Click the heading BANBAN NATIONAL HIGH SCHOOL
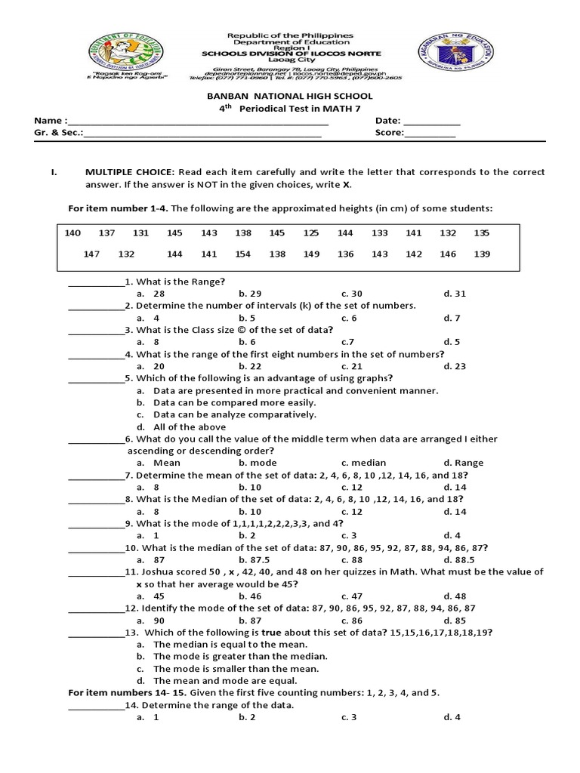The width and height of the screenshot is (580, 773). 290,97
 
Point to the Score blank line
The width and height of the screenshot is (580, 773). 430,135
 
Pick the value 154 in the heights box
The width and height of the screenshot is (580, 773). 242,254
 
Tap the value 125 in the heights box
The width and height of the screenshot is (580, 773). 311,233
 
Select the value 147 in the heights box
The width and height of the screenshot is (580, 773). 91,254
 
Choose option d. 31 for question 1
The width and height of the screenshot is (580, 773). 455,294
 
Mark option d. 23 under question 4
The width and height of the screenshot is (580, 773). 455,366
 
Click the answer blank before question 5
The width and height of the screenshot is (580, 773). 96,379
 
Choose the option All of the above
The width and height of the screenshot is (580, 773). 184,427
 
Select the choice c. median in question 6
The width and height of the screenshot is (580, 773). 363,463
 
